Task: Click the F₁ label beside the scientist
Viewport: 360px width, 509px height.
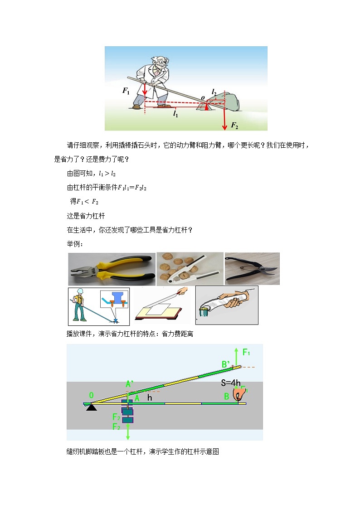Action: (126, 91)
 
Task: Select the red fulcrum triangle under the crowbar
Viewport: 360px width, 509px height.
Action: (206, 107)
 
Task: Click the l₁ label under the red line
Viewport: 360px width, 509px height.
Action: (175, 114)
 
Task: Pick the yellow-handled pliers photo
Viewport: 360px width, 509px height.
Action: (112, 269)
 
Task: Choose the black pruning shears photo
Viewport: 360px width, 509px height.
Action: (252, 269)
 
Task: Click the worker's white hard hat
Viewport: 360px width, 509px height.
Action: (80, 291)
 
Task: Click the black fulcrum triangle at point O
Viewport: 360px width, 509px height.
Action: (92, 407)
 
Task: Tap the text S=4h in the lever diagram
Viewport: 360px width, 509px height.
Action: (231, 383)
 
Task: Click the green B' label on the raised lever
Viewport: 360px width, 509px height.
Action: (226, 364)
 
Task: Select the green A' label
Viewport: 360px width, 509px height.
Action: (129, 384)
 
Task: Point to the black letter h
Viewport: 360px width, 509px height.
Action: (150, 398)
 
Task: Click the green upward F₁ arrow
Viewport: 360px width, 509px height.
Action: (236, 357)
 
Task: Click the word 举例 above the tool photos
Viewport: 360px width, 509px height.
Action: (75, 244)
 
